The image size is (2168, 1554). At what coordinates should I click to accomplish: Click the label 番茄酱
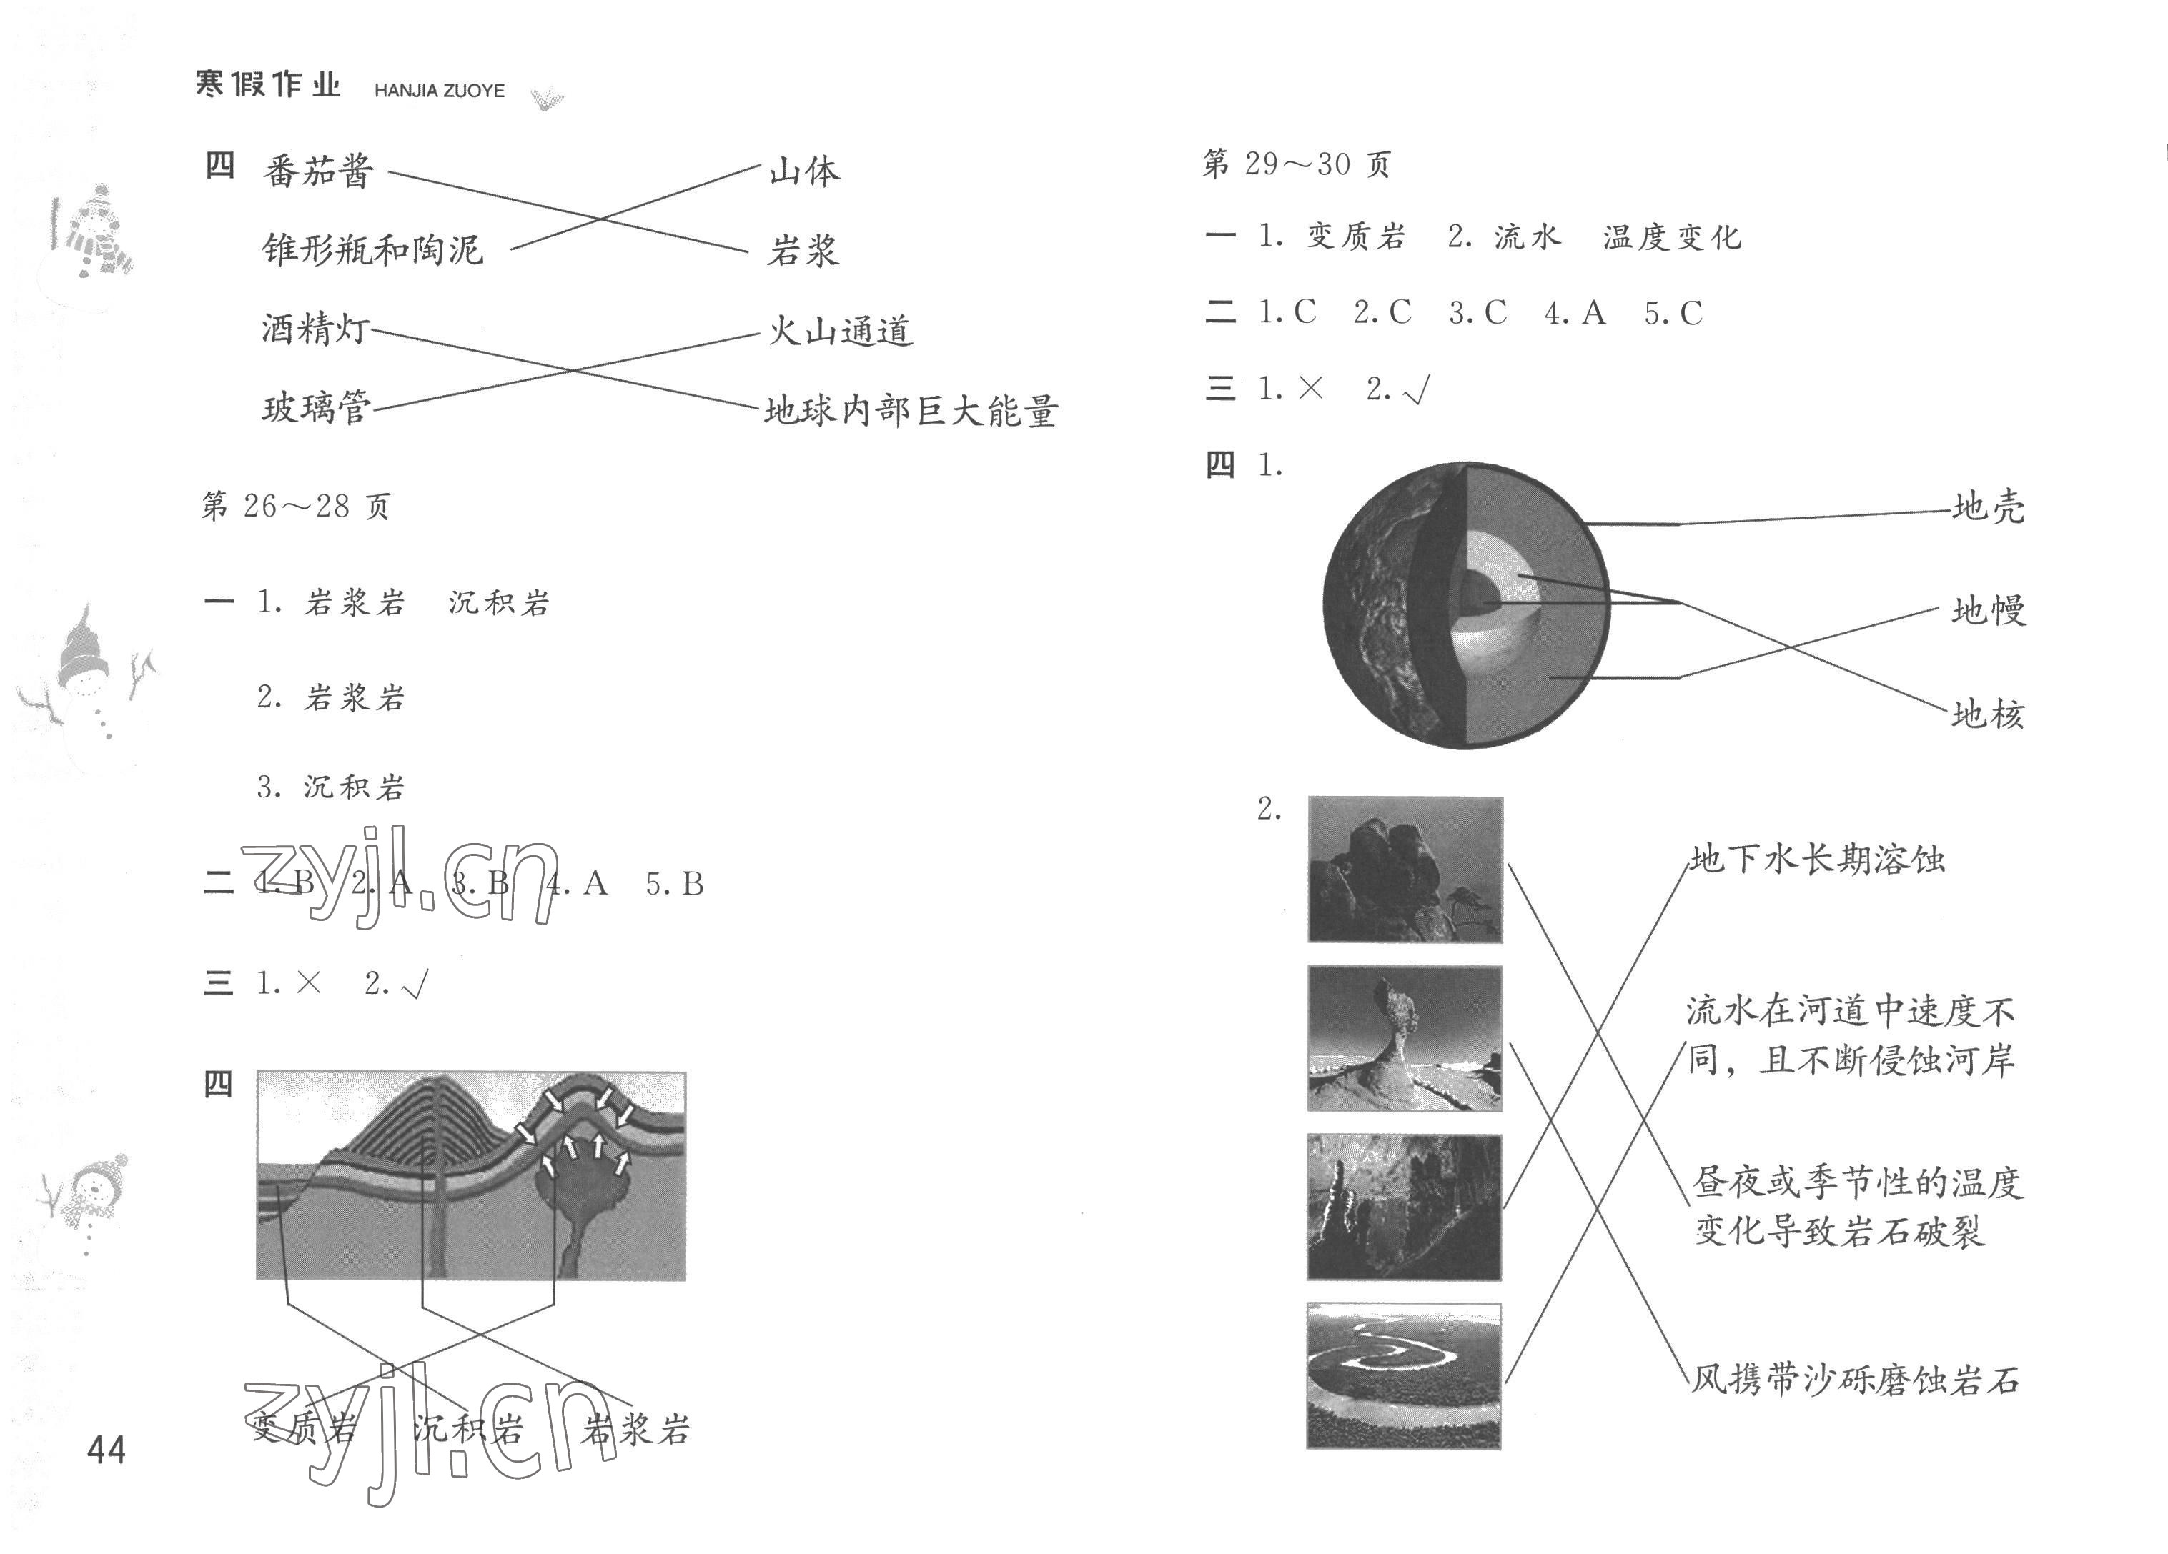coord(318,172)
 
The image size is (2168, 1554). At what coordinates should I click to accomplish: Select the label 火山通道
coord(840,332)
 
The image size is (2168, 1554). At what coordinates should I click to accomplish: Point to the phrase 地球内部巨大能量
coord(910,411)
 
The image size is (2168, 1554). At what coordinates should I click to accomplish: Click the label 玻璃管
coord(317,408)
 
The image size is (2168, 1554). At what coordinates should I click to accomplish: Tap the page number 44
coord(106,1451)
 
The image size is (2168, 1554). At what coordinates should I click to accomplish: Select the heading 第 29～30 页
coord(1296,164)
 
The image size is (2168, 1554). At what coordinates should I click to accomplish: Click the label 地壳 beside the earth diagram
coord(1989,507)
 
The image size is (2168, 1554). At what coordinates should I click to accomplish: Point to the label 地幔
coord(1989,609)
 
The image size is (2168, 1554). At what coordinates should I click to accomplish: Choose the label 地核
coord(1989,714)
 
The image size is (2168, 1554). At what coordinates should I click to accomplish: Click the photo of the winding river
coord(1403,1375)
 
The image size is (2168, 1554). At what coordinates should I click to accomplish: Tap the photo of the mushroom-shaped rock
coord(1404,1038)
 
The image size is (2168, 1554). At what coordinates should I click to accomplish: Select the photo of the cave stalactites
coord(1403,1206)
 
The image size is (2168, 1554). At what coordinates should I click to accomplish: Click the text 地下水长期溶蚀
coord(1817,860)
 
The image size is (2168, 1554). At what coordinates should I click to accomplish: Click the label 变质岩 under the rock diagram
coord(303,1430)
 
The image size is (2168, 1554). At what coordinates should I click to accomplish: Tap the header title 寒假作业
coord(267,85)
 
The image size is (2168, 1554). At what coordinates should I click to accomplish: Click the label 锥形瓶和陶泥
coord(373,249)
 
